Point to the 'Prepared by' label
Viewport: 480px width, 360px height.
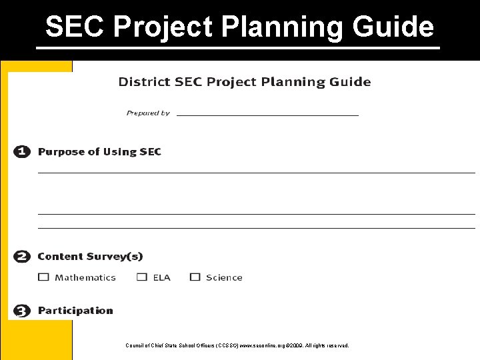point(148,113)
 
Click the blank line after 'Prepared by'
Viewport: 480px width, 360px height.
point(267,114)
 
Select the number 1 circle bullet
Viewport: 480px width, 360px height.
point(22,152)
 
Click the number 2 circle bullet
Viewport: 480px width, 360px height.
point(22,257)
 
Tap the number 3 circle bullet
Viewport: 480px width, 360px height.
point(22,311)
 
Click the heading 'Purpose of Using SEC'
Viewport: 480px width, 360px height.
point(99,152)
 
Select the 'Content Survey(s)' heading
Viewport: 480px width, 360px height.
point(90,257)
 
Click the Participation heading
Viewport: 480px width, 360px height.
point(75,311)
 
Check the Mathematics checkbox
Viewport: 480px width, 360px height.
point(44,277)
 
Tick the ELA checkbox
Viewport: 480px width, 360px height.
point(142,277)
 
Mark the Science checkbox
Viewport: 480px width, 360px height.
point(195,277)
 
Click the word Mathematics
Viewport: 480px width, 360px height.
point(85,278)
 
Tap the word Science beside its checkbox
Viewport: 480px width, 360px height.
point(224,278)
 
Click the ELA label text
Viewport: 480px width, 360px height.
point(161,278)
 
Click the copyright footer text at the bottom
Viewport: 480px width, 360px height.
point(237,345)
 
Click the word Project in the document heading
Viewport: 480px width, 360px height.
point(231,82)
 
